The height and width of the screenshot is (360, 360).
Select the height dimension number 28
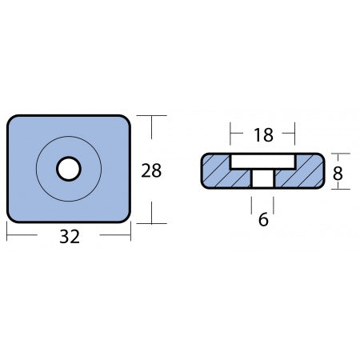[151, 170]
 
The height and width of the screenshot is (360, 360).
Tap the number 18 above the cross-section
[262, 134]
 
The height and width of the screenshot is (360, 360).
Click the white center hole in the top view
[68, 169]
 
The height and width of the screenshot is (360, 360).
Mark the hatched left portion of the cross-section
[214, 171]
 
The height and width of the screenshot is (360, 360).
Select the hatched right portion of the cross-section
[308, 171]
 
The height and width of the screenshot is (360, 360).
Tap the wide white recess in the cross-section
[262, 162]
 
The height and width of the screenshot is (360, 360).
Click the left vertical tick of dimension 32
[8, 232]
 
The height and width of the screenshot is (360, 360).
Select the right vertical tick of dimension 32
[130, 232]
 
